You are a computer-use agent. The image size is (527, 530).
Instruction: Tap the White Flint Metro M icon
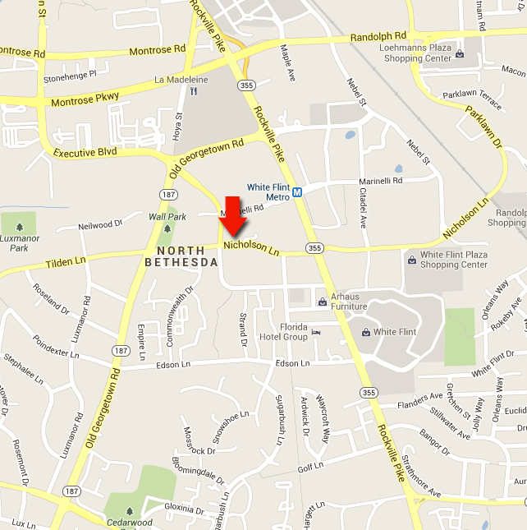tap(298, 192)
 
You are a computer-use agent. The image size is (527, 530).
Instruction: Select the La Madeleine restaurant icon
tap(192, 92)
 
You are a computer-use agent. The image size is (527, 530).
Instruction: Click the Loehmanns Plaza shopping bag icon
tap(460, 55)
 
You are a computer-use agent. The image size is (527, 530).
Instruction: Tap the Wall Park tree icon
tap(167, 228)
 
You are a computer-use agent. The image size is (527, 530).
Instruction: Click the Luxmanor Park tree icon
tap(18, 227)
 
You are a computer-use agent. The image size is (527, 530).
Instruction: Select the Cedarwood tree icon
tap(130, 509)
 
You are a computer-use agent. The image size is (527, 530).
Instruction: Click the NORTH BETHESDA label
tap(181, 256)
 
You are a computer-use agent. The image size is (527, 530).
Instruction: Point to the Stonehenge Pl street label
tap(71, 75)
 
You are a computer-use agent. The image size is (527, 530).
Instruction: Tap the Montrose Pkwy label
tap(85, 99)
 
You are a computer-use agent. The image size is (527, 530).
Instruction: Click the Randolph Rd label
tap(378, 37)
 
